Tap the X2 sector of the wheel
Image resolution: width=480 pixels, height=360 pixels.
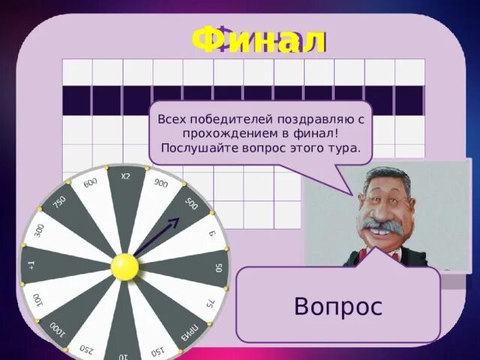125,177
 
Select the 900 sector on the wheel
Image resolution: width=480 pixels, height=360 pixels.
160,184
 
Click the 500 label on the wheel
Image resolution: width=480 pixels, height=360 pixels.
190,204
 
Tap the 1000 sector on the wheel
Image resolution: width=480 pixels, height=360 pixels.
56,328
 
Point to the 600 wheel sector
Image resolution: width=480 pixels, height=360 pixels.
90,184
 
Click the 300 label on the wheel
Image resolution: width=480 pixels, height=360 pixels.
39,230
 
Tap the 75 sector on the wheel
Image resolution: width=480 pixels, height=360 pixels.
211,302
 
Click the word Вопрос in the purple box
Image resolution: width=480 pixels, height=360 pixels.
338,306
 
